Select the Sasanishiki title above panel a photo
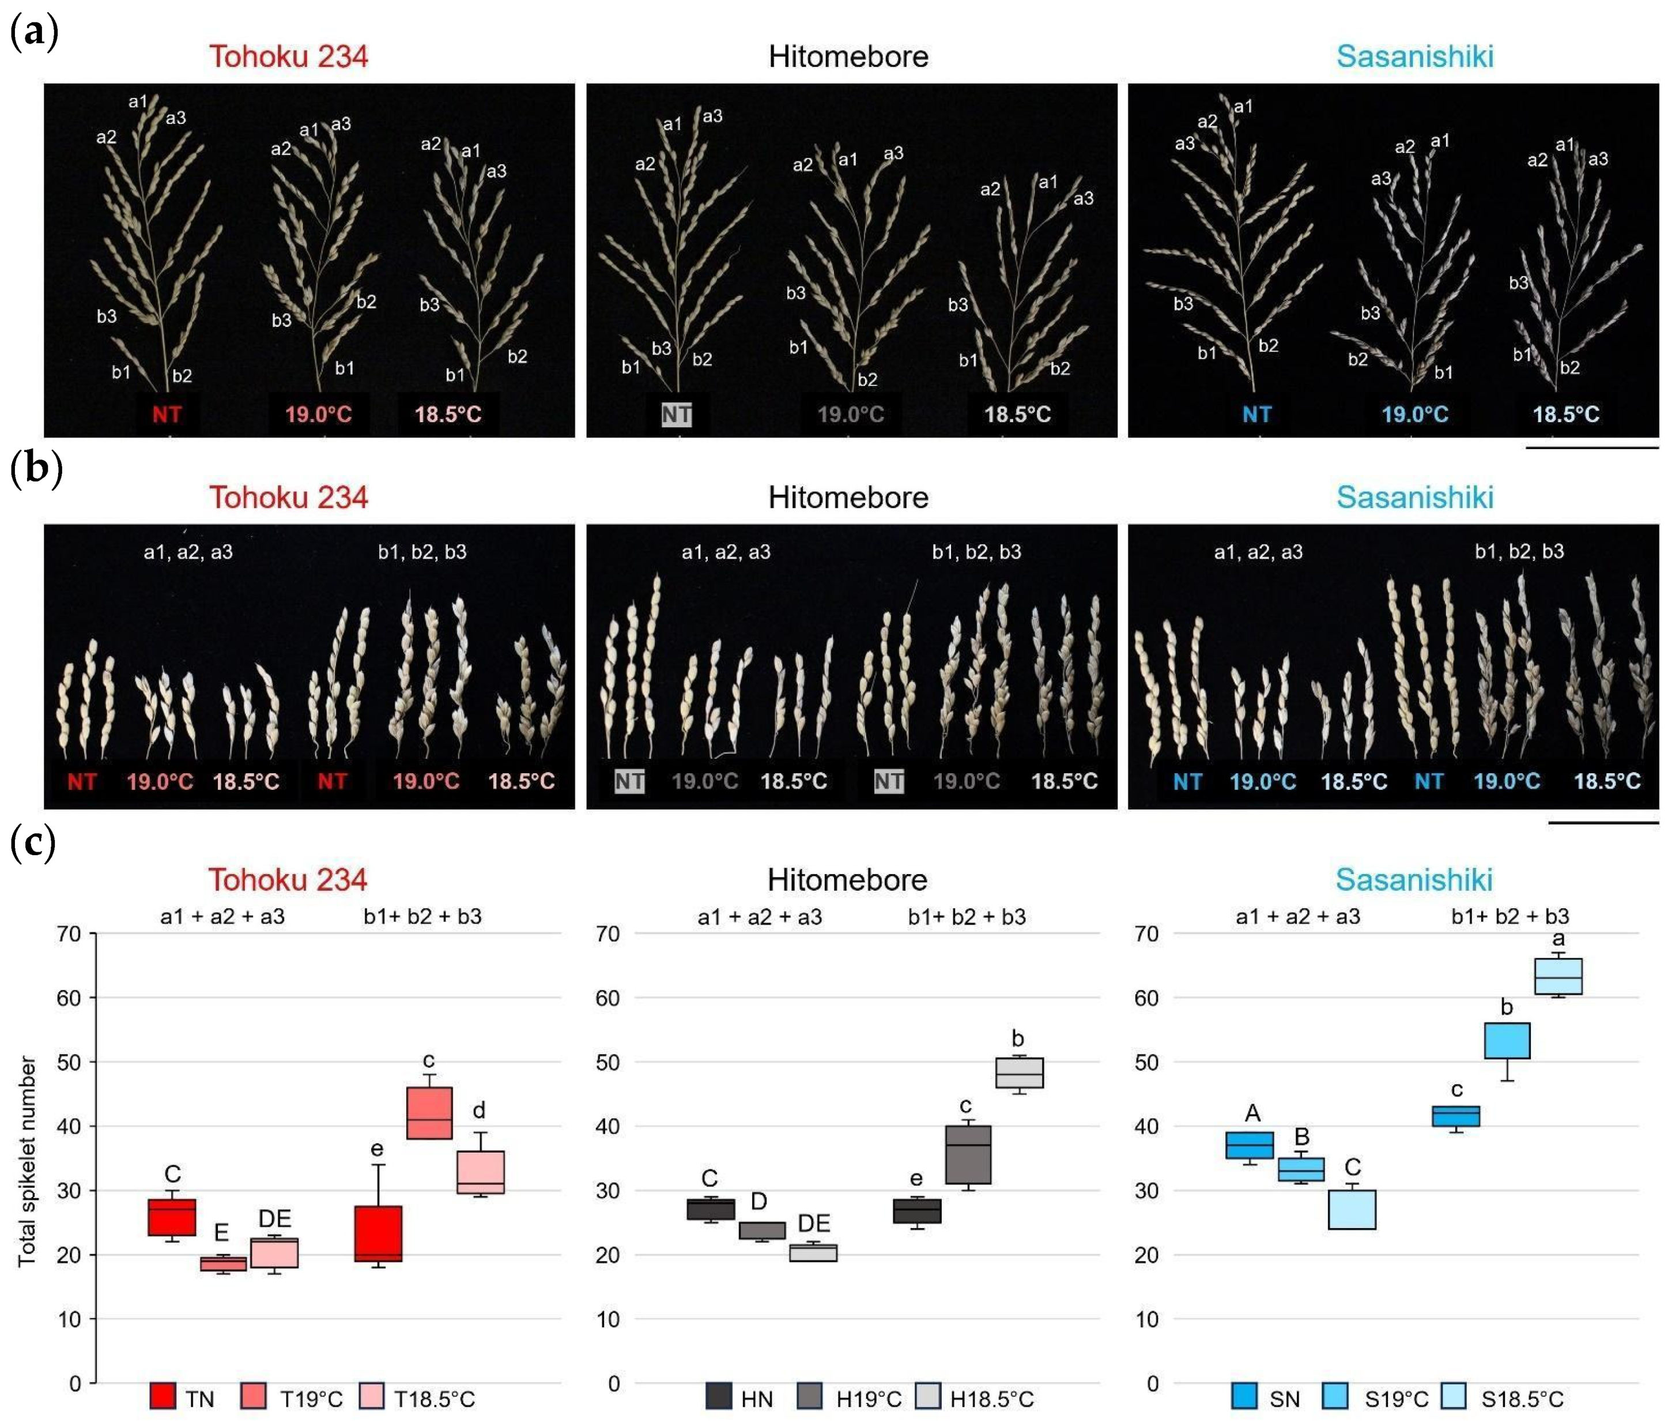tap(1414, 57)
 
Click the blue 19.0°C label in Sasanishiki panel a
tap(1414, 415)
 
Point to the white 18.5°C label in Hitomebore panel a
tap(1017, 415)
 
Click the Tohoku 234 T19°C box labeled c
tap(429, 1113)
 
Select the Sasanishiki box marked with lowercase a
tap(1558, 976)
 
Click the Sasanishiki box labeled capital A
tap(1250, 1145)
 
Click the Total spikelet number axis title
tap(27, 1161)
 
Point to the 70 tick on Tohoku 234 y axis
tap(69, 934)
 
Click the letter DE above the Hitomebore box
tap(813, 1224)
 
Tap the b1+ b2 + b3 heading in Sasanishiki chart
tap(1509, 916)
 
